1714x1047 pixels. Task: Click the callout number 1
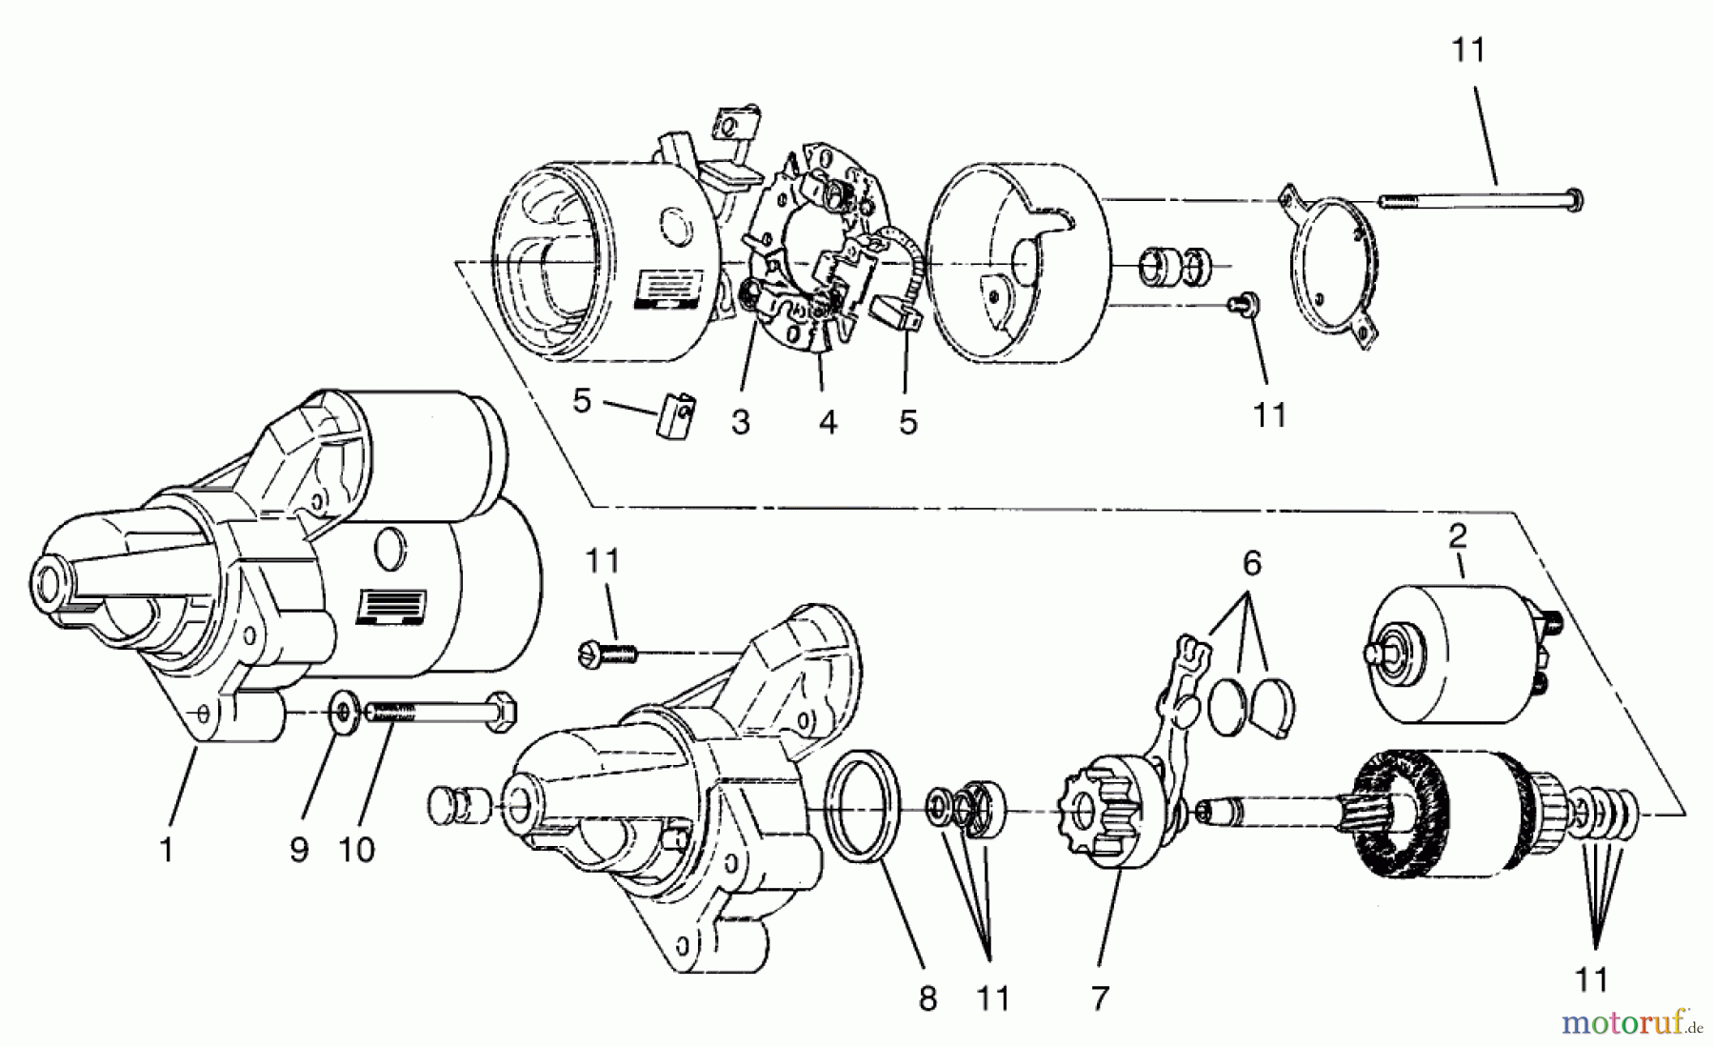coord(168,850)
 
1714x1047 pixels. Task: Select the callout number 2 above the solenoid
coord(1457,536)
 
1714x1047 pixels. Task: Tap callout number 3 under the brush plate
coord(741,422)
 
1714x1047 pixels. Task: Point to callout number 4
coord(827,422)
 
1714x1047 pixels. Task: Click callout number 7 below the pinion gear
coord(1100,998)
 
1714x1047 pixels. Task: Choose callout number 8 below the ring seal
coord(927,998)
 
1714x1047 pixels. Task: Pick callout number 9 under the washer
coord(299,850)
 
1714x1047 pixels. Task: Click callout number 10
coord(357,850)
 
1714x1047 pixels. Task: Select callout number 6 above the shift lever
coord(1251,564)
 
